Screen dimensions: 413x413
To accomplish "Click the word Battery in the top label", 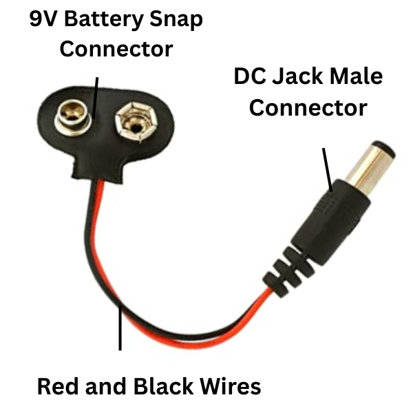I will pyautogui.click(x=103, y=21).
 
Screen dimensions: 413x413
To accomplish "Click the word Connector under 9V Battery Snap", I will pyautogui.click(x=116, y=50).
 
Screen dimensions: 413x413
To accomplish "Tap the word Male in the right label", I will pyautogui.click(x=355, y=76).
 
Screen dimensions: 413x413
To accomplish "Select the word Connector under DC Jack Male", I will pyautogui.click(x=308, y=108).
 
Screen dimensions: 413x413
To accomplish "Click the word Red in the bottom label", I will pyautogui.click(x=57, y=385).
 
